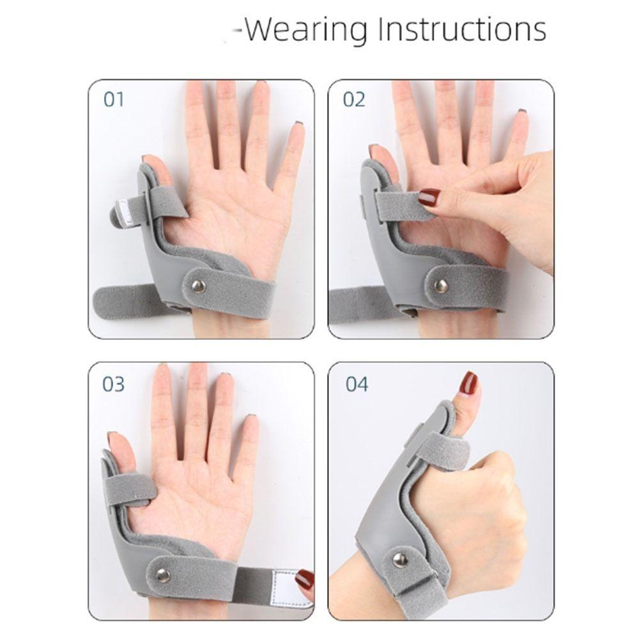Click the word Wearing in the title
pyautogui.click(x=306, y=29)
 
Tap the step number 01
pyautogui.click(x=113, y=100)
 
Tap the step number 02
pyautogui.click(x=353, y=100)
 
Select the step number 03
pyautogui.click(x=113, y=385)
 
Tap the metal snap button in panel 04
pyautogui.click(x=401, y=560)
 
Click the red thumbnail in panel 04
pyautogui.click(x=468, y=384)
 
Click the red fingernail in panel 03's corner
pyautogui.click(x=305, y=581)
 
